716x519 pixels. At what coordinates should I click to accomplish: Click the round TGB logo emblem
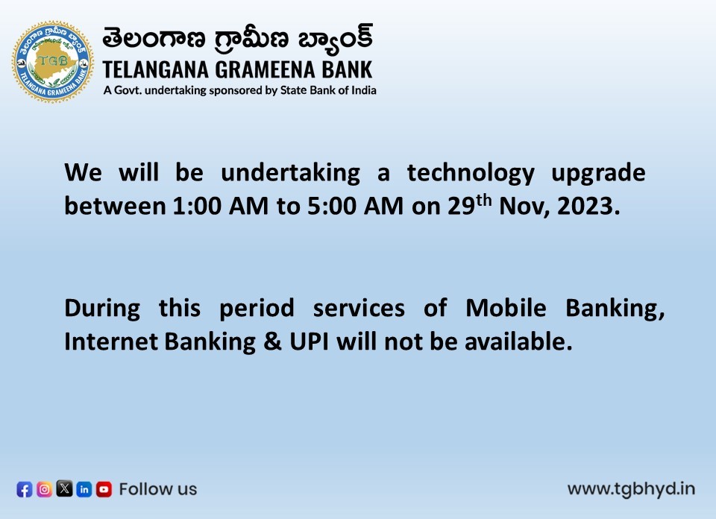52,61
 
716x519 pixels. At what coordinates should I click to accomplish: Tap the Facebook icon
25,489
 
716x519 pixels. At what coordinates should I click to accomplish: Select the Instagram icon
45,489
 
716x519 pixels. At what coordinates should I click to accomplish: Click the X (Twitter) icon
65,489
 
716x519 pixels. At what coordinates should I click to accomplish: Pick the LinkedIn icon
84,489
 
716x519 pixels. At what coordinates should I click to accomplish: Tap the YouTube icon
104,489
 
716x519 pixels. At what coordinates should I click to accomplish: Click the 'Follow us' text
158,489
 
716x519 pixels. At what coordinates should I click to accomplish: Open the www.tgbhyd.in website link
631,489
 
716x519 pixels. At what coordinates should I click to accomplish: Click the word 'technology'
471,173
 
